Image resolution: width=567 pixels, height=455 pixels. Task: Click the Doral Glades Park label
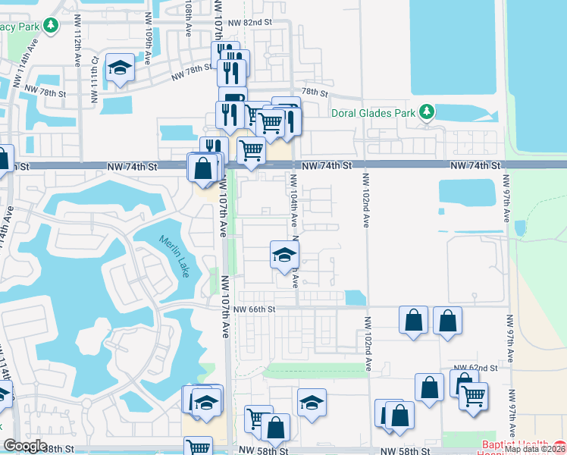tap(374, 113)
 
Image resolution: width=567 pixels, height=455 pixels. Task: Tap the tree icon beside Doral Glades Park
tap(427, 112)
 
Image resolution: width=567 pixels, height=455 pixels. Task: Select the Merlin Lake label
tap(175, 256)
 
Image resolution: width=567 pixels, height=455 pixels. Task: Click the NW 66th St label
tap(254, 309)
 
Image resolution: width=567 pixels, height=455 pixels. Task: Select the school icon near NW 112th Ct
tap(120, 68)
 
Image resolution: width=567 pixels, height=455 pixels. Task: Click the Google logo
tap(25, 446)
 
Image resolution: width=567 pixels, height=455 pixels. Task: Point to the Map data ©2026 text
tap(535, 449)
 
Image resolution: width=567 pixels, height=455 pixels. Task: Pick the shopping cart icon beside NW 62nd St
tap(473, 395)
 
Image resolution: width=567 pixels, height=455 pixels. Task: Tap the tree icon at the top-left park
tap(51, 26)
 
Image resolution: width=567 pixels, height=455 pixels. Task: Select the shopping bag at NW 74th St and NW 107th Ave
tap(203, 167)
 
